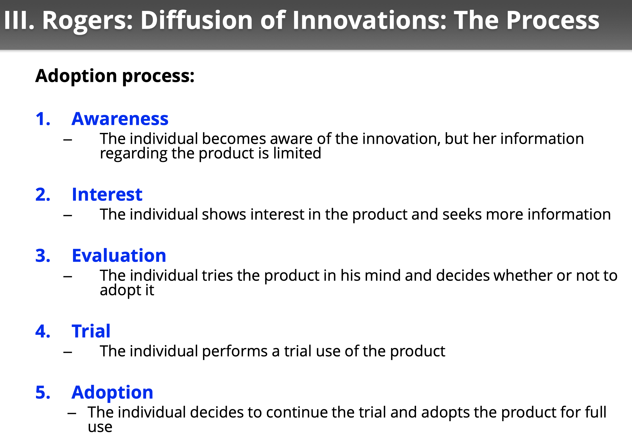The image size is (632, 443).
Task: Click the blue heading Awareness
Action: [x=120, y=119]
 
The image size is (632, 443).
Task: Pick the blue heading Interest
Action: [x=107, y=195]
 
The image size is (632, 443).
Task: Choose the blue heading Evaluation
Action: [x=119, y=255]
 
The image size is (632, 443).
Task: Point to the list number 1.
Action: [x=43, y=119]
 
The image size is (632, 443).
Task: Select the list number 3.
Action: [x=43, y=256]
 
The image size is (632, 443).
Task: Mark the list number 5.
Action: [x=43, y=392]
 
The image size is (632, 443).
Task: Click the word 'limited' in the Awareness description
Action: [x=297, y=153]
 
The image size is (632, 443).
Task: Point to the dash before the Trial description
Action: [x=68, y=352]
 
